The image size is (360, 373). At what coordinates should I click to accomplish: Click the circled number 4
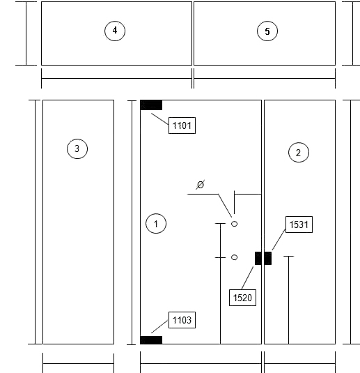pyautogui.click(x=115, y=31)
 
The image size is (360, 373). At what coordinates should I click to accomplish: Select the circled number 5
pyautogui.click(x=267, y=31)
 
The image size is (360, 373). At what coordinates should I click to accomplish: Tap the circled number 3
pyautogui.click(x=77, y=149)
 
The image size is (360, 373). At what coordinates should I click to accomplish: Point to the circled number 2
pyautogui.click(x=299, y=153)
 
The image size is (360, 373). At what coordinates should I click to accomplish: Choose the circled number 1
pyautogui.click(x=156, y=224)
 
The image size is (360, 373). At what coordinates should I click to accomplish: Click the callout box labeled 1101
pyautogui.click(x=182, y=125)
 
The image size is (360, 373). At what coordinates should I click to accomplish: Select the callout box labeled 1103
pyautogui.click(x=182, y=320)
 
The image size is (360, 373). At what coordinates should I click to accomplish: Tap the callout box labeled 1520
pyautogui.click(x=242, y=298)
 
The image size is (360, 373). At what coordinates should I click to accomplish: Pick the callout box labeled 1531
pyautogui.click(x=299, y=224)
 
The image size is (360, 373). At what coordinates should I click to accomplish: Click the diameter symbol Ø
pyautogui.click(x=201, y=185)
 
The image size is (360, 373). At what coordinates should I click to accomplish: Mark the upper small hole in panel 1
pyautogui.click(x=234, y=224)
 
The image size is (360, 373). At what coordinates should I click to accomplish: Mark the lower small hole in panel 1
pyautogui.click(x=234, y=257)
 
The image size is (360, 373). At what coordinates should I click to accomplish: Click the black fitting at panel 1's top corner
pyautogui.click(x=151, y=105)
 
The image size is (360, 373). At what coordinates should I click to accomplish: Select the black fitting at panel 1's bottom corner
pyautogui.click(x=151, y=340)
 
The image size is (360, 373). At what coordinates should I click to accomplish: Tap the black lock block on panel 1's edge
pyautogui.click(x=258, y=259)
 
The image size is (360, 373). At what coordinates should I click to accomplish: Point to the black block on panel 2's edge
pyautogui.click(x=268, y=259)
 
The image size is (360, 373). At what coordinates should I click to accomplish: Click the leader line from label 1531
pyautogui.click(x=279, y=240)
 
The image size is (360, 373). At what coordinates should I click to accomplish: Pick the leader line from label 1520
pyautogui.click(x=247, y=278)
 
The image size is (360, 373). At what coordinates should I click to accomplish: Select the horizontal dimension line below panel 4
pyautogui.click(x=117, y=78)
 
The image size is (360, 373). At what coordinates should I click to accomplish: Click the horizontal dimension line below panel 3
pyautogui.click(x=79, y=363)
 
